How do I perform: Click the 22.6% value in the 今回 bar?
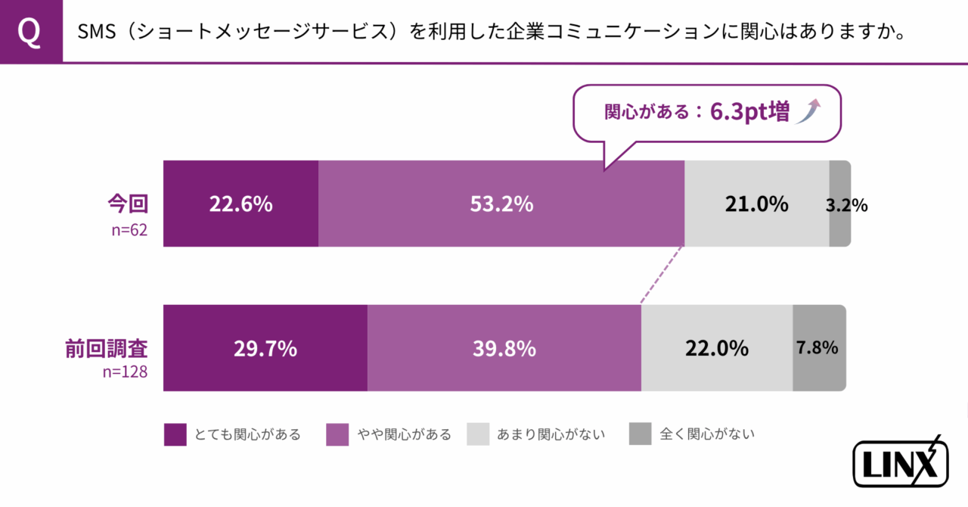click(240, 204)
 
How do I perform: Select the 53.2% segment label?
click(501, 204)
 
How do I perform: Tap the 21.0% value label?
click(756, 204)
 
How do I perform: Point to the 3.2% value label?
click(846, 205)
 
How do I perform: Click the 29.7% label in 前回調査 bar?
click(265, 349)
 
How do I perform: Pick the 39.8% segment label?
click(504, 349)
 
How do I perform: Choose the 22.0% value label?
click(716, 349)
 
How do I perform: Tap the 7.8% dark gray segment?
click(818, 348)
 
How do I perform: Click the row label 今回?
click(126, 203)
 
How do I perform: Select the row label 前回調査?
click(106, 348)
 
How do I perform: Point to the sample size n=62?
click(129, 230)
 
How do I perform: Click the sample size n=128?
click(125, 372)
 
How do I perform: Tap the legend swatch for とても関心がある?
click(175, 434)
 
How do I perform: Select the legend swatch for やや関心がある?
click(337, 434)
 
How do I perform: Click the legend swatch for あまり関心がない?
click(478, 434)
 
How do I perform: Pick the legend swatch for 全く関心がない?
click(640, 434)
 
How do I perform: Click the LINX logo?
click(900, 462)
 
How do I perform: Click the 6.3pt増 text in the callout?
click(749, 113)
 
